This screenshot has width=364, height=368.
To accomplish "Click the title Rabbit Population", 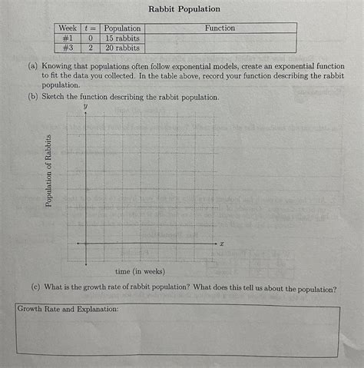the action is pyautogui.click(x=184, y=9).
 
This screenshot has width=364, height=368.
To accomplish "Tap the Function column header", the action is pyautogui.click(x=220, y=28).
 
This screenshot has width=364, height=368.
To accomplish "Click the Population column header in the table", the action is pyautogui.click(x=123, y=28).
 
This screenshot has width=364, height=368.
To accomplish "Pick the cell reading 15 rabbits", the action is pyautogui.click(x=123, y=38).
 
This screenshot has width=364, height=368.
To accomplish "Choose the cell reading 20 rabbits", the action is pyautogui.click(x=123, y=48).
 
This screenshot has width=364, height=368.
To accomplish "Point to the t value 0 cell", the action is pyautogui.click(x=91, y=38).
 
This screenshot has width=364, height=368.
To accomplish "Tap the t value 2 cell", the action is pyautogui.click(x=91, y=48).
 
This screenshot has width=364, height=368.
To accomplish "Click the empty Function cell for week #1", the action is pyautogui.click(x=220, y=38).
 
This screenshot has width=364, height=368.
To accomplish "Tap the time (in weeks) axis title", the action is pyautogui.click(x=139, y=271).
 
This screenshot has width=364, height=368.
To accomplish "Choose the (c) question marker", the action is pyautogui.click(x=36, y=289).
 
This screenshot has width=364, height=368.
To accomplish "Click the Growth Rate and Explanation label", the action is pyautogui.click(x=68, y=309).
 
